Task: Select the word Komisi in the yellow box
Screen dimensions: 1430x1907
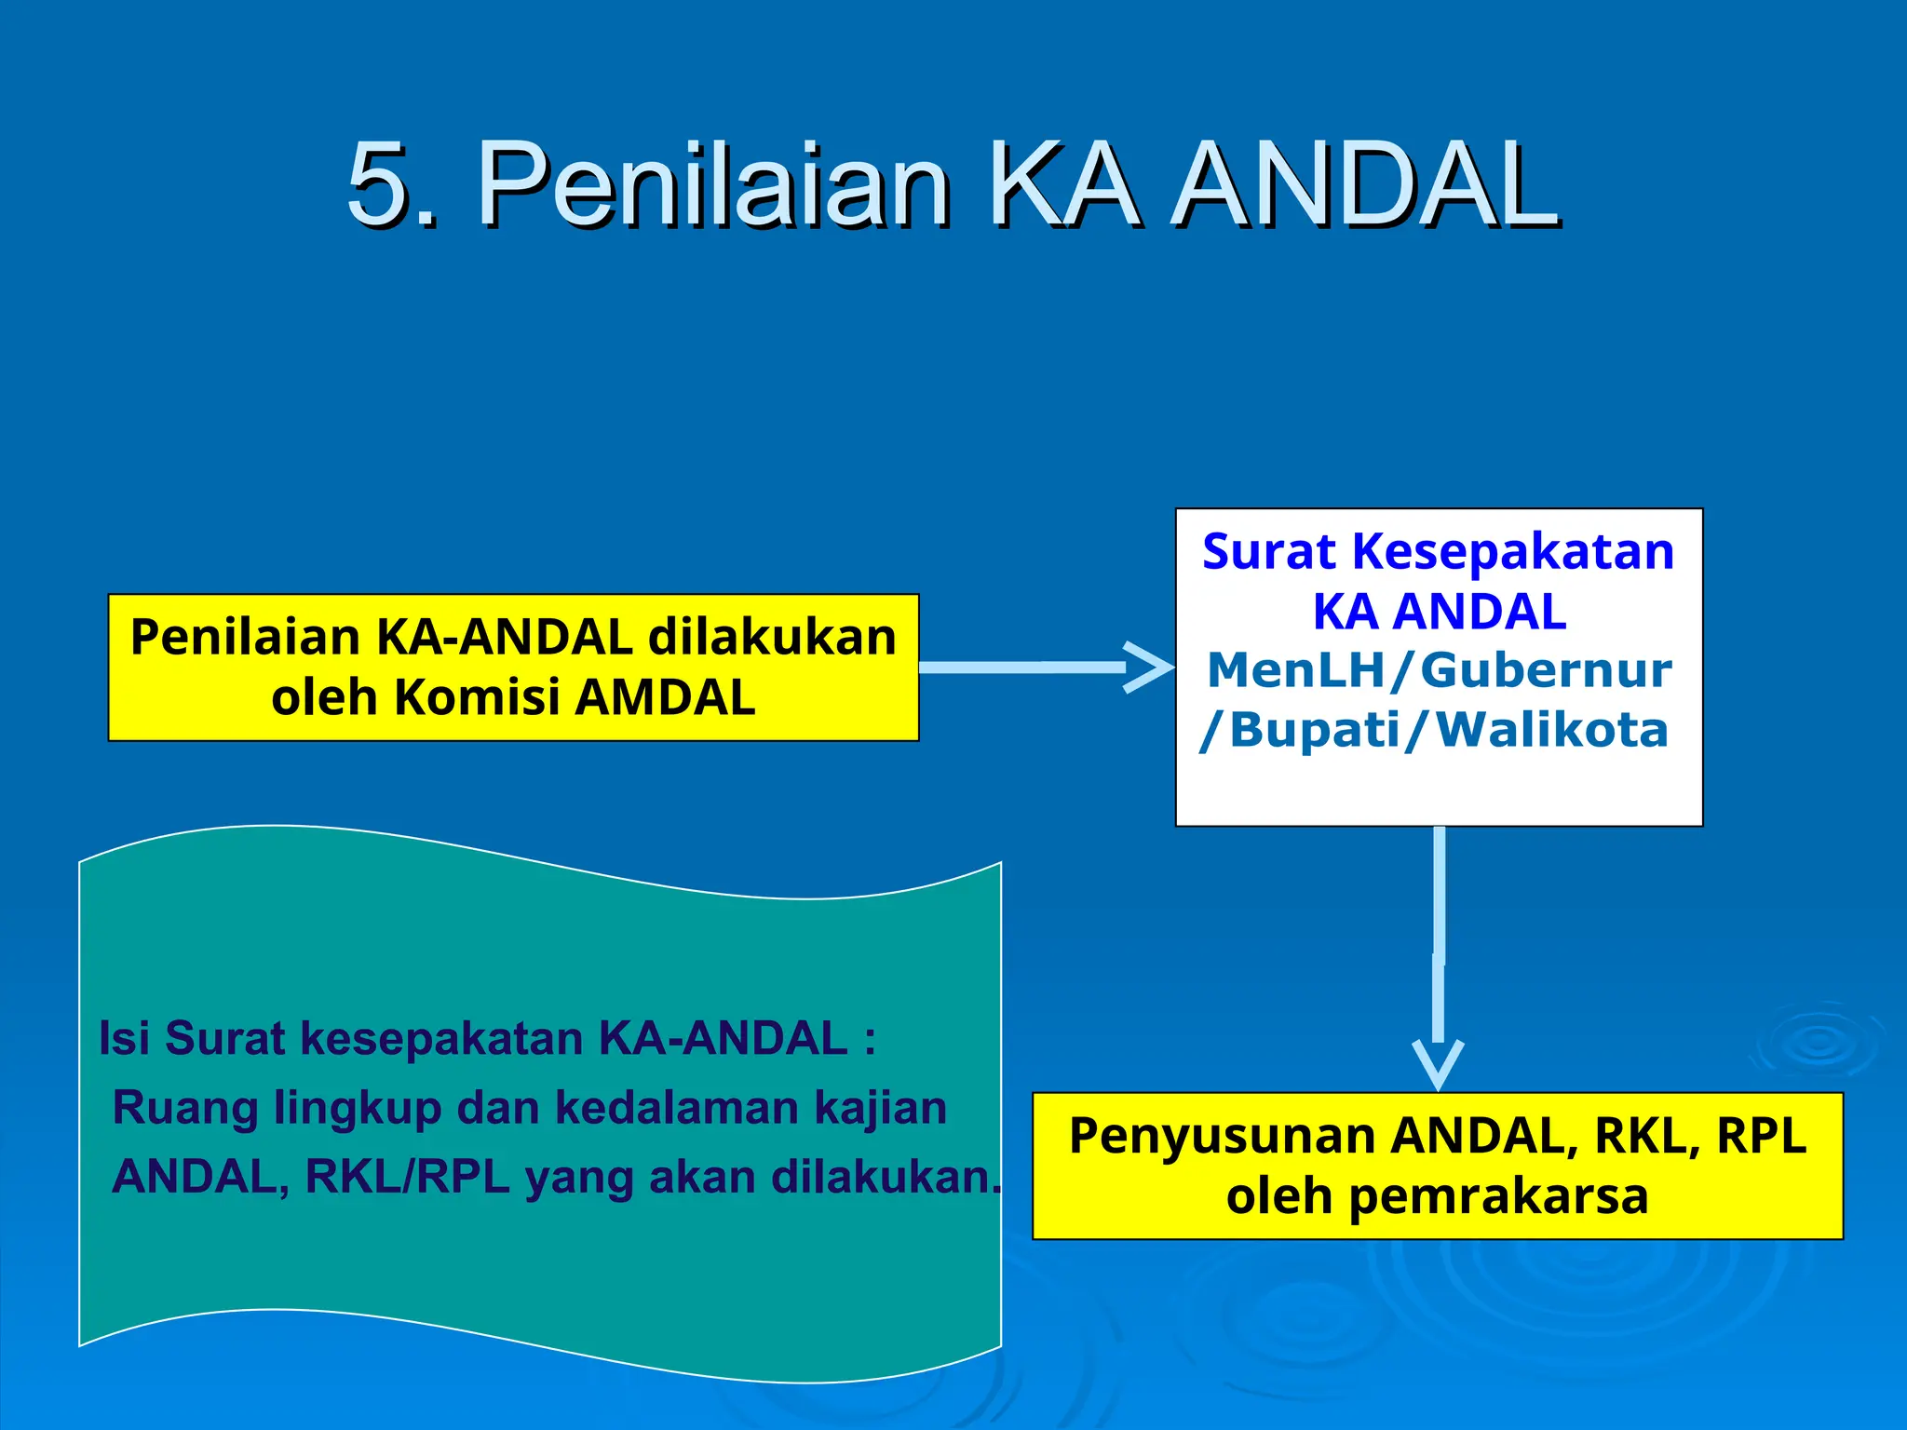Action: (x=476, y=697)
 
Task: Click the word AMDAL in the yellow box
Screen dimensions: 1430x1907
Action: (x=665, y=697)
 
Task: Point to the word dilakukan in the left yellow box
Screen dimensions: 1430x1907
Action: (x=772, y=638)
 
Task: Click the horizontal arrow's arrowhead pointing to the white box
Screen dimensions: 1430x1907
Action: (x=1151, y=667)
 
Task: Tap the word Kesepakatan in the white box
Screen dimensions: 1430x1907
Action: (x=1513, y=551)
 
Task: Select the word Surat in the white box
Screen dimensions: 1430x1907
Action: (x=1268, y=551)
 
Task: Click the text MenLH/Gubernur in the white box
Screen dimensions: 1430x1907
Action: (x=1439, y=670)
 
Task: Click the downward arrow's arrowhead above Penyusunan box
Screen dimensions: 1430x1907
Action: (x=1438, y=1066)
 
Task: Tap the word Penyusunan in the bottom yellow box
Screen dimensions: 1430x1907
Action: (x=1221, y=1136)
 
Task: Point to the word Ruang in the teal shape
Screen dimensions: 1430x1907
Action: (x=185, y=1108)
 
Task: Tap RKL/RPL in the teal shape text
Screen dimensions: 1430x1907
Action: (x=408, y=1177)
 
